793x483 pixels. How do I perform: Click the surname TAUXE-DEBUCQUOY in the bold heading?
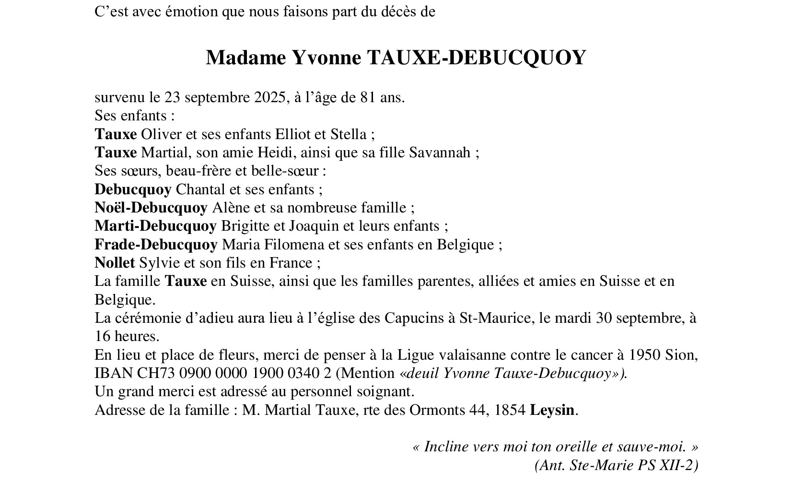click(476, 58)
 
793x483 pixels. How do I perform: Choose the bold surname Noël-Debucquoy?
click(151, 208)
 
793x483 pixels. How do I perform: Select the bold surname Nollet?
click(115, 263)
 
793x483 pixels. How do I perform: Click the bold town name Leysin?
click(552, 411)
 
